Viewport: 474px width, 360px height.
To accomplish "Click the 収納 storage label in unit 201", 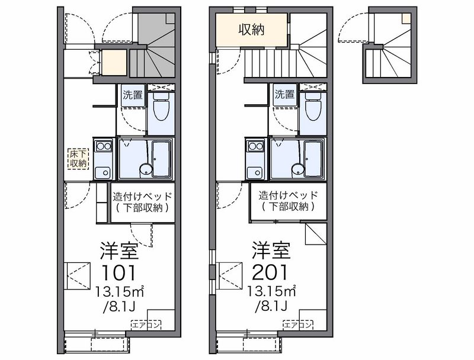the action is (x=251, y=30).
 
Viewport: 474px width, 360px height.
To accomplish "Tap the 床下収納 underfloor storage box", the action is (x=78, y=159).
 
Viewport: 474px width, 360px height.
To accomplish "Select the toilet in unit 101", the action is (x=161, y=107).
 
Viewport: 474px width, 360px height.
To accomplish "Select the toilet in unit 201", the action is (x=313, y=107).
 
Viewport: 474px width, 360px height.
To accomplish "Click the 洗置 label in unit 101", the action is (x=133, y=95).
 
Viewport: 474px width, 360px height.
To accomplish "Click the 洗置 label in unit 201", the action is (x=284, y=95).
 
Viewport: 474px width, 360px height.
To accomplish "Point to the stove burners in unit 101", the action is (x=104, y=146).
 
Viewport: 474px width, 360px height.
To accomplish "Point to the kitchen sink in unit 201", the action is (x=255, y=172).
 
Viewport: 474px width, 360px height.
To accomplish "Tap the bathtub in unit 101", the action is (x=161, y=159).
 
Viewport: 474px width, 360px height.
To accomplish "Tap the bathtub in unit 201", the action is (x=313, y=159).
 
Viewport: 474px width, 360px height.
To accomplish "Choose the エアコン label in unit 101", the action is (x=146, y=325).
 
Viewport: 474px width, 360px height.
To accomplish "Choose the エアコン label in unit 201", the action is (x=298, y=325).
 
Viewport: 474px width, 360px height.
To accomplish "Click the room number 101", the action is (x=119, y=273).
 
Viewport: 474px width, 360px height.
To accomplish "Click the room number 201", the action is (x=270, y=273).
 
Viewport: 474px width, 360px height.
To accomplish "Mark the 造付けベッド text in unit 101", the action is (x=142, y=197).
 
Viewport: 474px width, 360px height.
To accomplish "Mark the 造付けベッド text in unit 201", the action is (x=288, y=195).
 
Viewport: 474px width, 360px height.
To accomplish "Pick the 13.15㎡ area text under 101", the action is (x=120, y=291).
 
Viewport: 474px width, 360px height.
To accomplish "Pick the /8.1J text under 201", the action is (x=271, y=307).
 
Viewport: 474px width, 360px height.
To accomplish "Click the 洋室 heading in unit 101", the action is (x=120, y=250).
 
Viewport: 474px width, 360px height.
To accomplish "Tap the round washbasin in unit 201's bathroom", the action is (x=297, y=170).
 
